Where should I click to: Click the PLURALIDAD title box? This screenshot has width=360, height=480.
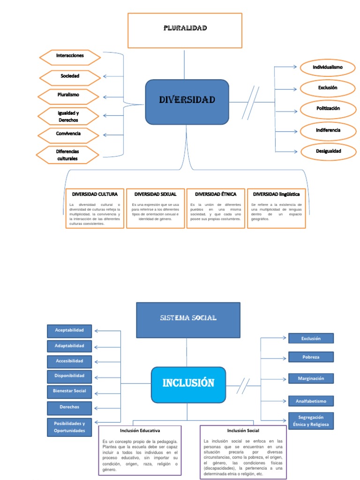point(185,30)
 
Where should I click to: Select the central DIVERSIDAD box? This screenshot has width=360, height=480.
point(187,102)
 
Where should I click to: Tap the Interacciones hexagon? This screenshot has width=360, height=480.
point(70,57)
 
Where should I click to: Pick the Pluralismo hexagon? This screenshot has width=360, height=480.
point(68,96)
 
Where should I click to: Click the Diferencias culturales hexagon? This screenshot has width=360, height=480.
point(68,155)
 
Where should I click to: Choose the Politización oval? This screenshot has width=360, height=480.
point(328,109)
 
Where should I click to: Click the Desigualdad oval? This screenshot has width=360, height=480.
point(328,151)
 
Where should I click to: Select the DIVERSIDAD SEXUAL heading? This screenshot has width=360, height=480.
point(156,194)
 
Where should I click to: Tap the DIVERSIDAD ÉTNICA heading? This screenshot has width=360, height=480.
point(216,194)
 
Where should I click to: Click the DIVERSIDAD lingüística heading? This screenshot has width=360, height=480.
point(276,194)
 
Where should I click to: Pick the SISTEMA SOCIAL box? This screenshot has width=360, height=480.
point(188,319)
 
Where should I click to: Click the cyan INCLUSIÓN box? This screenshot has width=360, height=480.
point(188,383)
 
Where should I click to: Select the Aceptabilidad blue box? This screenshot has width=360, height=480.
point(69,331)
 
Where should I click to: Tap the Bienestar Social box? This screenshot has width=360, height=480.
point(69,391)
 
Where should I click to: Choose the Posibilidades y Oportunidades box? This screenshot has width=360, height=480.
point(69,427)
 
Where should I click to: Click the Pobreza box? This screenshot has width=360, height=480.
point(311,357)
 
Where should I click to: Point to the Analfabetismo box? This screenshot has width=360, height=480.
point(311,401)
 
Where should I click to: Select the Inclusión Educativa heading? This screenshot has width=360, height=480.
point(140,431)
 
